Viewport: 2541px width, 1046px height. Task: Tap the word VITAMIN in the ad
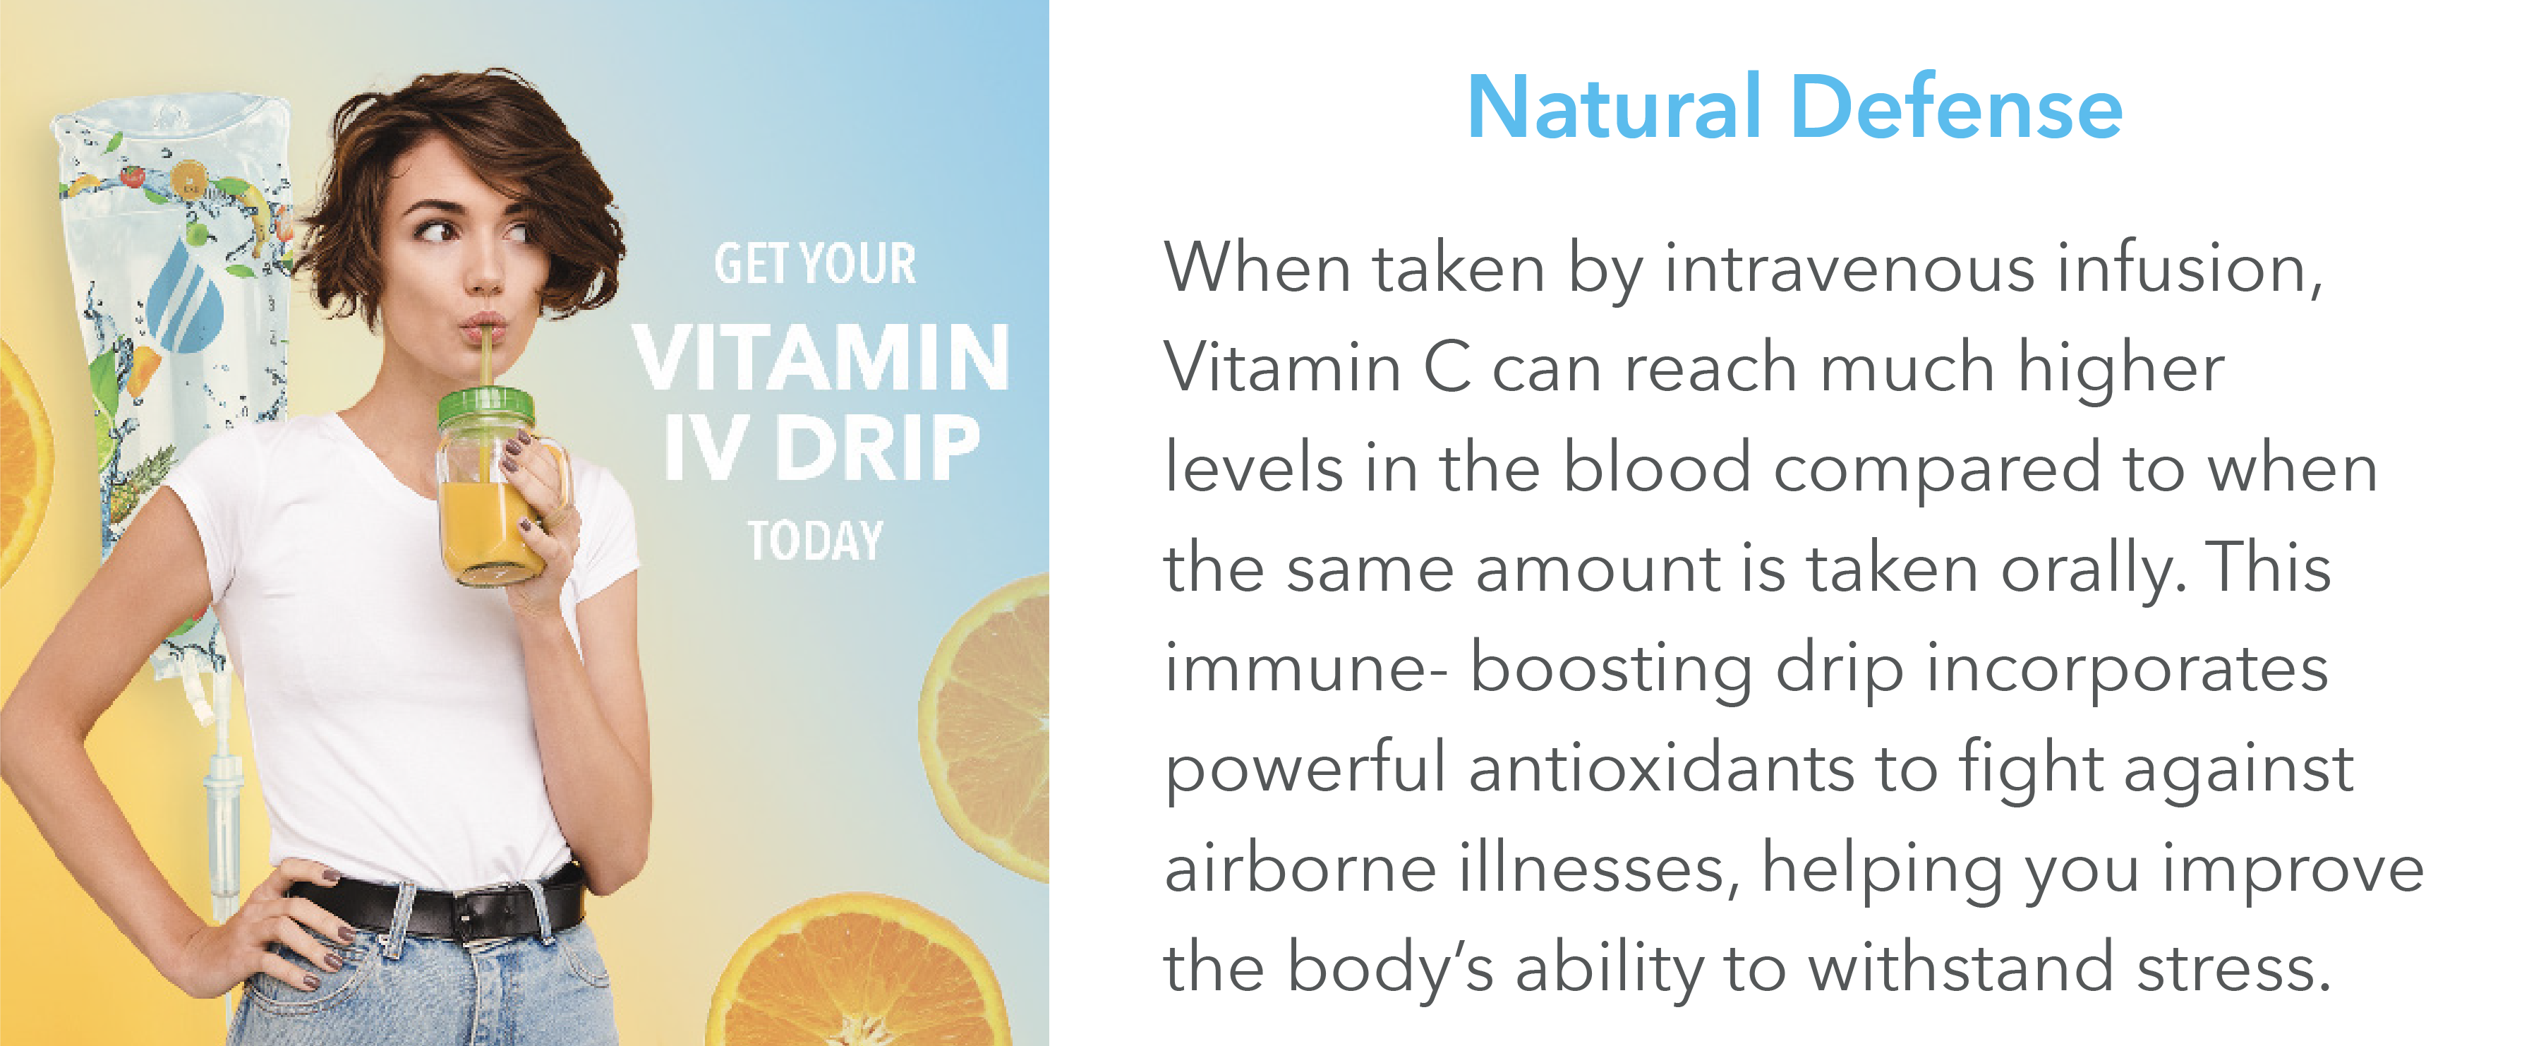coord(821,356)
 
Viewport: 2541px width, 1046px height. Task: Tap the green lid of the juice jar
coord(485,406)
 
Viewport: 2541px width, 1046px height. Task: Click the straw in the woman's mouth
coord(486,354)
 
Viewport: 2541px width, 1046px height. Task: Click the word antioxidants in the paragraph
coord(1661,768)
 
